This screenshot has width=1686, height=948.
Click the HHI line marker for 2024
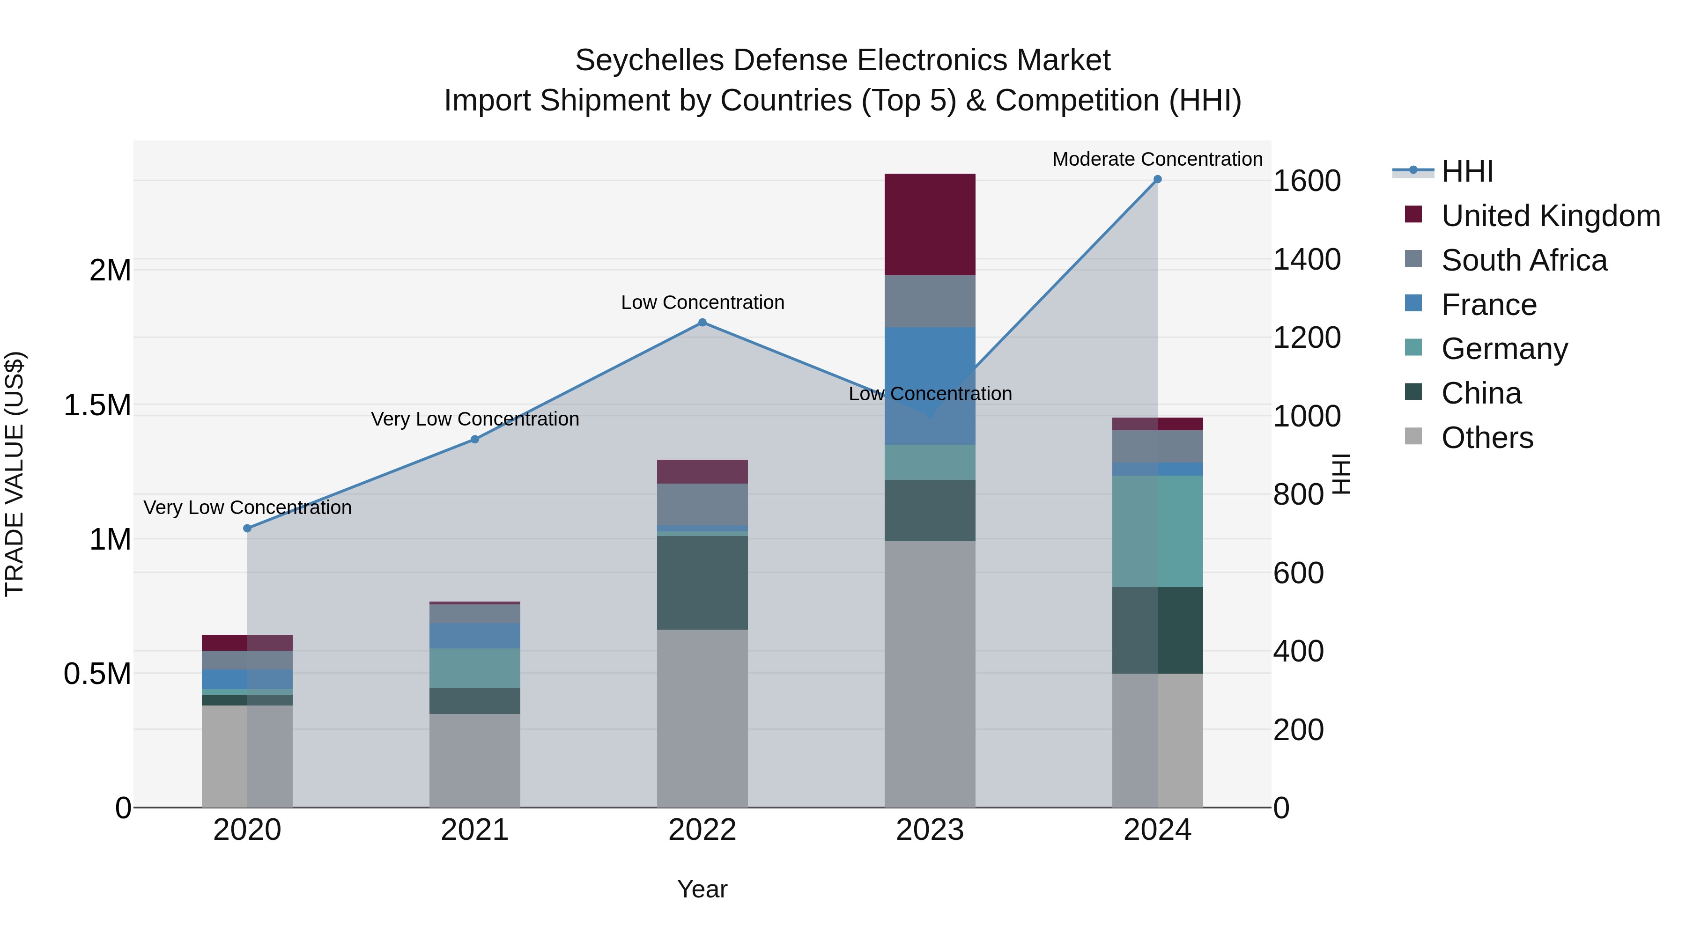tap(1157, 179)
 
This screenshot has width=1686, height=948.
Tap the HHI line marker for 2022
tap(702, 323)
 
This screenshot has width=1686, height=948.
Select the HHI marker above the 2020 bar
tap(247, 528)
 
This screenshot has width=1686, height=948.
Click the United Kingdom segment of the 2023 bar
tap(929, 224)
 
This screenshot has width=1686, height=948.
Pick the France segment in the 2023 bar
tap(929, 386)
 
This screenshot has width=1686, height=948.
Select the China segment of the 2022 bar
tap(702, 582)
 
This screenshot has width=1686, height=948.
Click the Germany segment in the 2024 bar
tap(1157, 531)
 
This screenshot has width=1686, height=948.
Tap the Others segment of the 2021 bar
tap(474, 760)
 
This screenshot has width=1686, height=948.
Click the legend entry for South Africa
tap(1523, 260)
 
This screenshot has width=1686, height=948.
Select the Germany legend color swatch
tap(1413, 347)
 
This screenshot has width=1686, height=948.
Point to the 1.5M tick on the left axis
tap(97, 405)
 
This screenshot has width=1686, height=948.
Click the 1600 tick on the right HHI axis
tap(1306, 181)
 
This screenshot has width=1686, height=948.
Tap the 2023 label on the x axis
tap(929, 830)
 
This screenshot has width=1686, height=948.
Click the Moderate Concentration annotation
tap(1157, 159)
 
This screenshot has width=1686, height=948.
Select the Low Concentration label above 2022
tap(702, 302)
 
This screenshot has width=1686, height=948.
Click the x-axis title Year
tap(702, 889)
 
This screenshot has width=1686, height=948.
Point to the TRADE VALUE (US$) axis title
tap(15, 474)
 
